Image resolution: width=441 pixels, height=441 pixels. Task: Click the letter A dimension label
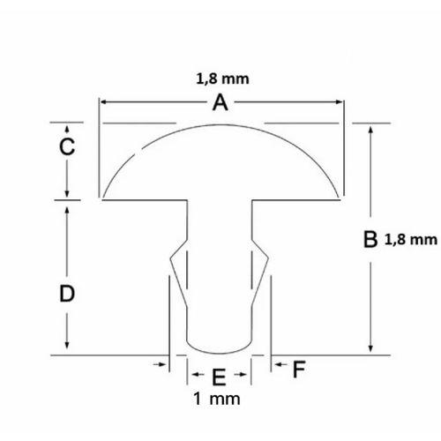pyautogui.click(x=220, y=104)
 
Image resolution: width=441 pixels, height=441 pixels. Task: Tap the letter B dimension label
pyautogui.click(x=370, y=239)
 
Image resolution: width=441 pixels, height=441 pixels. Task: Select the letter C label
pyautogui.click(x=65, y=148)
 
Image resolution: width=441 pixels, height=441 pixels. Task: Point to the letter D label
pyautogui.click(x=65, y=295)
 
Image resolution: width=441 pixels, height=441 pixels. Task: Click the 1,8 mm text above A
pyautogui.click(x=220, y=78)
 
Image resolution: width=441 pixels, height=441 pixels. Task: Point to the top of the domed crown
pyautogui.click(x=220, y=125)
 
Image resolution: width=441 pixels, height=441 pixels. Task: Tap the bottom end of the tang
pyautogui.click(x=220, y=347)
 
